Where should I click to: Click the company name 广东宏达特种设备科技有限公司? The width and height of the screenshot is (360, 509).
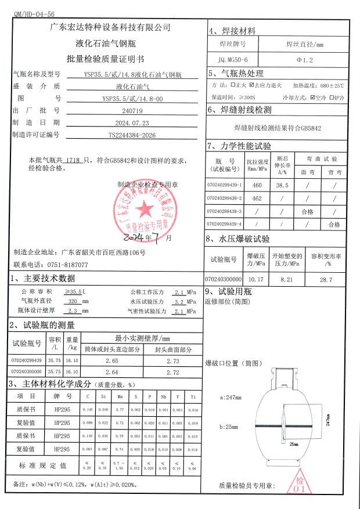(110, 27)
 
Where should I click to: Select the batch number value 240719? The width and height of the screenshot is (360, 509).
(132, 110)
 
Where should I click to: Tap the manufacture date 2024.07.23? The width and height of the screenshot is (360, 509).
(132, 122)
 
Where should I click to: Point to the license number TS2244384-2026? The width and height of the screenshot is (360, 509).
(132, 135)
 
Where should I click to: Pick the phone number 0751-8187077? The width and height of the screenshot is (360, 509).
(66, 265)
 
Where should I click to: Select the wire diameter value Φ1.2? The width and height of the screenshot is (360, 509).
(305, 59)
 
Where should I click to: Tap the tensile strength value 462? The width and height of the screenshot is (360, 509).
(258, 198)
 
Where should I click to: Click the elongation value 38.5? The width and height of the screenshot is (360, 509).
(283, 185)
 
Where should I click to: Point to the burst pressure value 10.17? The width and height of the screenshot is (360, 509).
(255, 280)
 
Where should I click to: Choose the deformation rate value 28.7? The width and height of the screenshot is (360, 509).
(326, 280)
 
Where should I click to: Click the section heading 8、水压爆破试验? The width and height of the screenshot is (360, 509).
(238, 239)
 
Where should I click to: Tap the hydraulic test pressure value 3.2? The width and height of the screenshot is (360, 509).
(179, 302)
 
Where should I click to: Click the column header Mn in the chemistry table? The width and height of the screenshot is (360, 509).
(120, 396)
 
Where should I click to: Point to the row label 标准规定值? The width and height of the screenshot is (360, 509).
(44, 465)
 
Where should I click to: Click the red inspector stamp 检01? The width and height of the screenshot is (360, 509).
(300, 484)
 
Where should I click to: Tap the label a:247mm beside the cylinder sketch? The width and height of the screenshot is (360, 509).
(231, 398)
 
